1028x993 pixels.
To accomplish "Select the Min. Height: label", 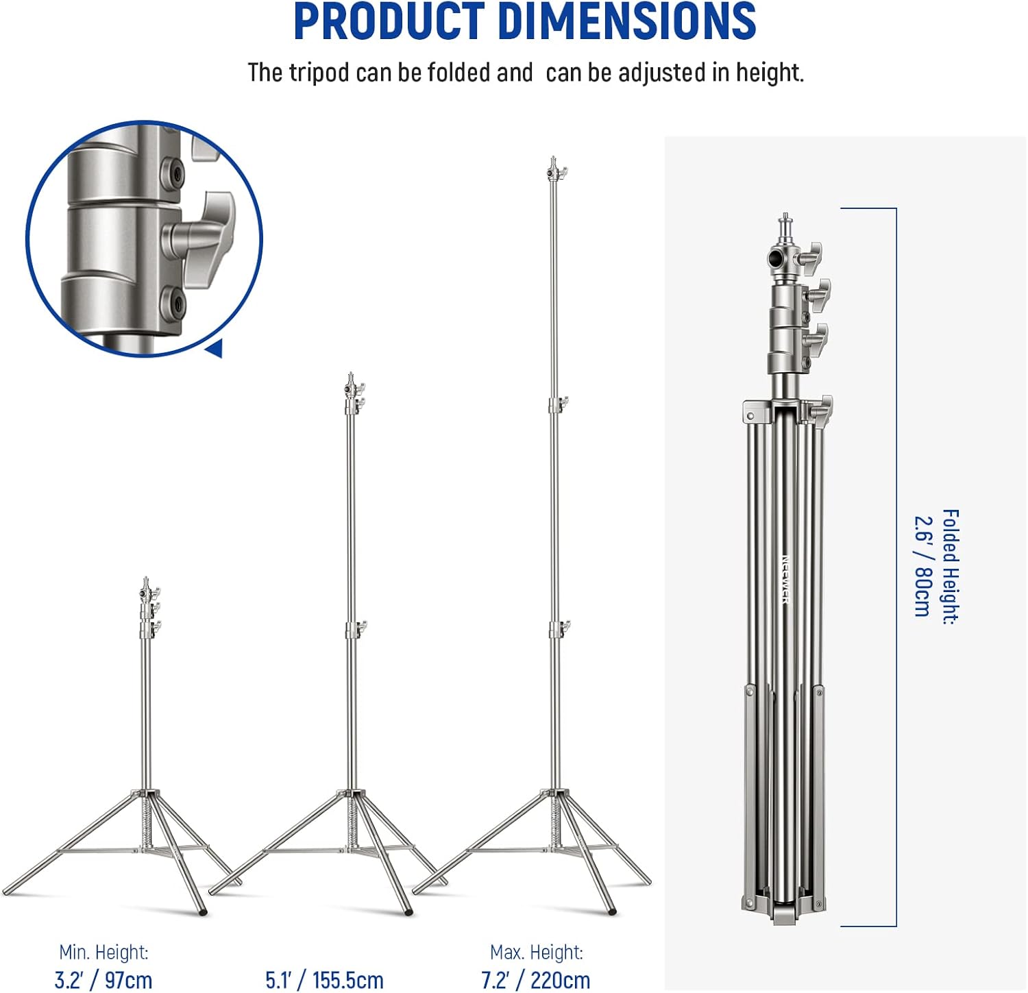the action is click(103, 953).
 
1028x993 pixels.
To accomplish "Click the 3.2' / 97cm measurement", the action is click(103, 980).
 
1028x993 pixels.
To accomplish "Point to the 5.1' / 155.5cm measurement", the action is click(324, 980).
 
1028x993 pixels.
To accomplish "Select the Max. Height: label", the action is click(537, 953).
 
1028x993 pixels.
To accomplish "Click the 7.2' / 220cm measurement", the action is click(535, 980).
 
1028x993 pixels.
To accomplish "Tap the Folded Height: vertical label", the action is click(950, 567).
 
